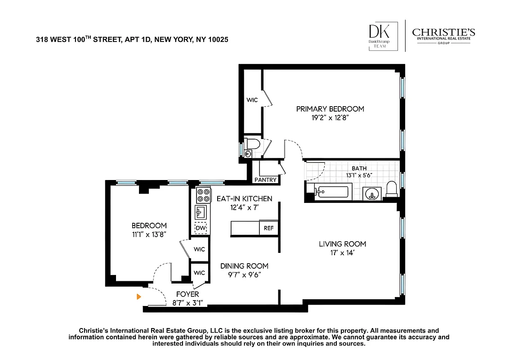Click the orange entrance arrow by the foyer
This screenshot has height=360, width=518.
pyautogui.click(x=139, y=297)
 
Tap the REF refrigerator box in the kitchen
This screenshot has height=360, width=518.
pyautogui.click(x=268, y=228)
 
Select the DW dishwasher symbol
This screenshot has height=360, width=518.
pyautogui.click(x=201, y=228)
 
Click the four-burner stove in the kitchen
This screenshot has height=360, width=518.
pyautogui.click(x=203, y=195)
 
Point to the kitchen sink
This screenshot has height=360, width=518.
pyautogui.click(x=201, y=211)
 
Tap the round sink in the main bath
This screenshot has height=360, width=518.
pyautogui.click(x=372, y=194)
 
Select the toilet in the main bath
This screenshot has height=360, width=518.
pyautogui.click(x=392, y=189)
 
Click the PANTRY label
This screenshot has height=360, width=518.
pyautogui.click(x=266, y=180)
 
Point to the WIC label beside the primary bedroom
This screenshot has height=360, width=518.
pyautogui.click(x=252, y=100)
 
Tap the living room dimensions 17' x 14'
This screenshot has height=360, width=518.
pyautogui.click(x=342, y=253)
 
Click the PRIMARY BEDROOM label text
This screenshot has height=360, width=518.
pyautogui.click(x=330, y=109)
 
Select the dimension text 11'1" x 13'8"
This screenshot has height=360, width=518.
pyautogui.click(x=149, y=234)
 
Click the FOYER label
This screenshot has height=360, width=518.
pyautogui.click(x=188, y=294)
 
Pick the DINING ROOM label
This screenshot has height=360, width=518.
pyautogui.click(x=244, y=266)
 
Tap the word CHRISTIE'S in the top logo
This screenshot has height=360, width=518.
pyautogui.click(x=443, y=32)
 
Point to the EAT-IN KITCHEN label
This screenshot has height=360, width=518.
pyautogui.click(x=244, y=198)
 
